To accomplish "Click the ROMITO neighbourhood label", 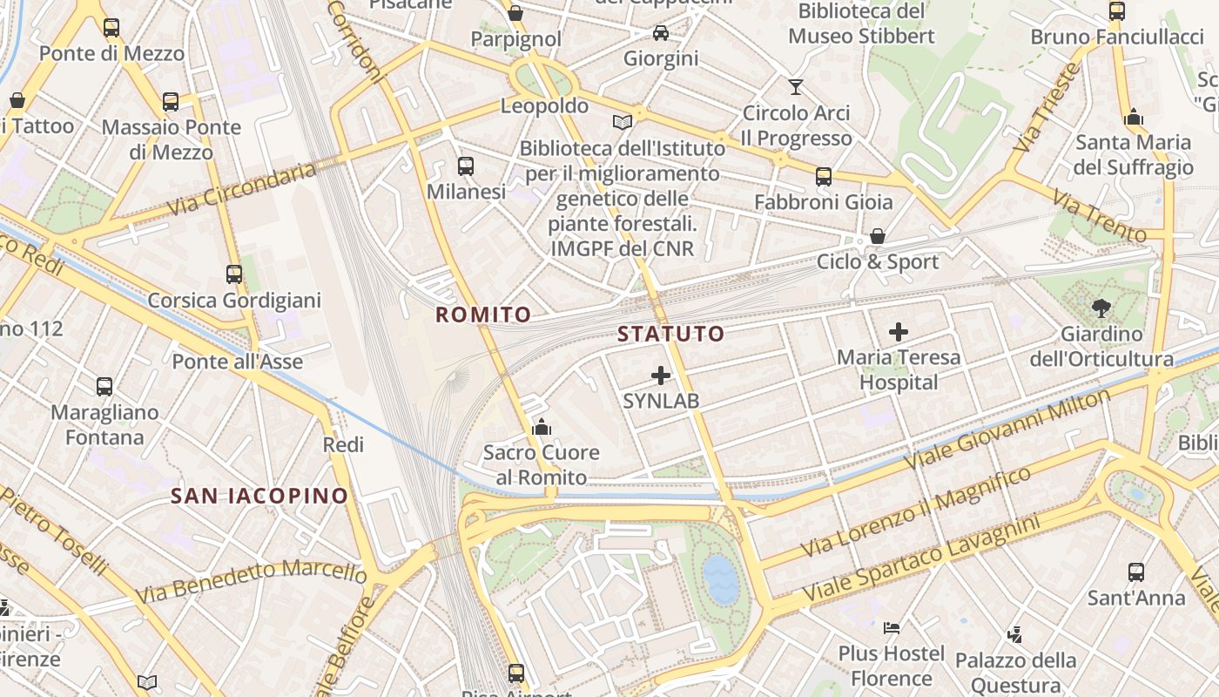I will tap(483, 315).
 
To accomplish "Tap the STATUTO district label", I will tap(670, 334).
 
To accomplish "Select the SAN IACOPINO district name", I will tap(259, 497).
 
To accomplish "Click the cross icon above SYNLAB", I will tap(661, 376).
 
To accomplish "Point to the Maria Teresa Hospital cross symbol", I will tap(899, 332).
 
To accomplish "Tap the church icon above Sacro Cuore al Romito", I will tap(542, 427).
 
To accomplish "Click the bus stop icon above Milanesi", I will tap(466, 166).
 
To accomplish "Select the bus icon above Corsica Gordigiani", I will tap(234, 274).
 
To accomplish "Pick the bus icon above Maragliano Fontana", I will tap(104, 386).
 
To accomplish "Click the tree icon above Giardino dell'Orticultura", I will tap(1101, 308).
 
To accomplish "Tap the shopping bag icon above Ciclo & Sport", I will tap(878, 236).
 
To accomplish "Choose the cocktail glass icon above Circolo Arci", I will tap(796, 86).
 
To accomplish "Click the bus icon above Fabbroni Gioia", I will tap(824, 177).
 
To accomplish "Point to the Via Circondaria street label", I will tap(241, 189).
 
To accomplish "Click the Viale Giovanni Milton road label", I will tap(1008, 429).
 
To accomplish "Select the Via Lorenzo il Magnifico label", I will tap(915, 512).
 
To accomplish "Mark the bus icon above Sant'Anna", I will tap(1136, 572).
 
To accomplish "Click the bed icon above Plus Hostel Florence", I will tap(892, 627).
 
